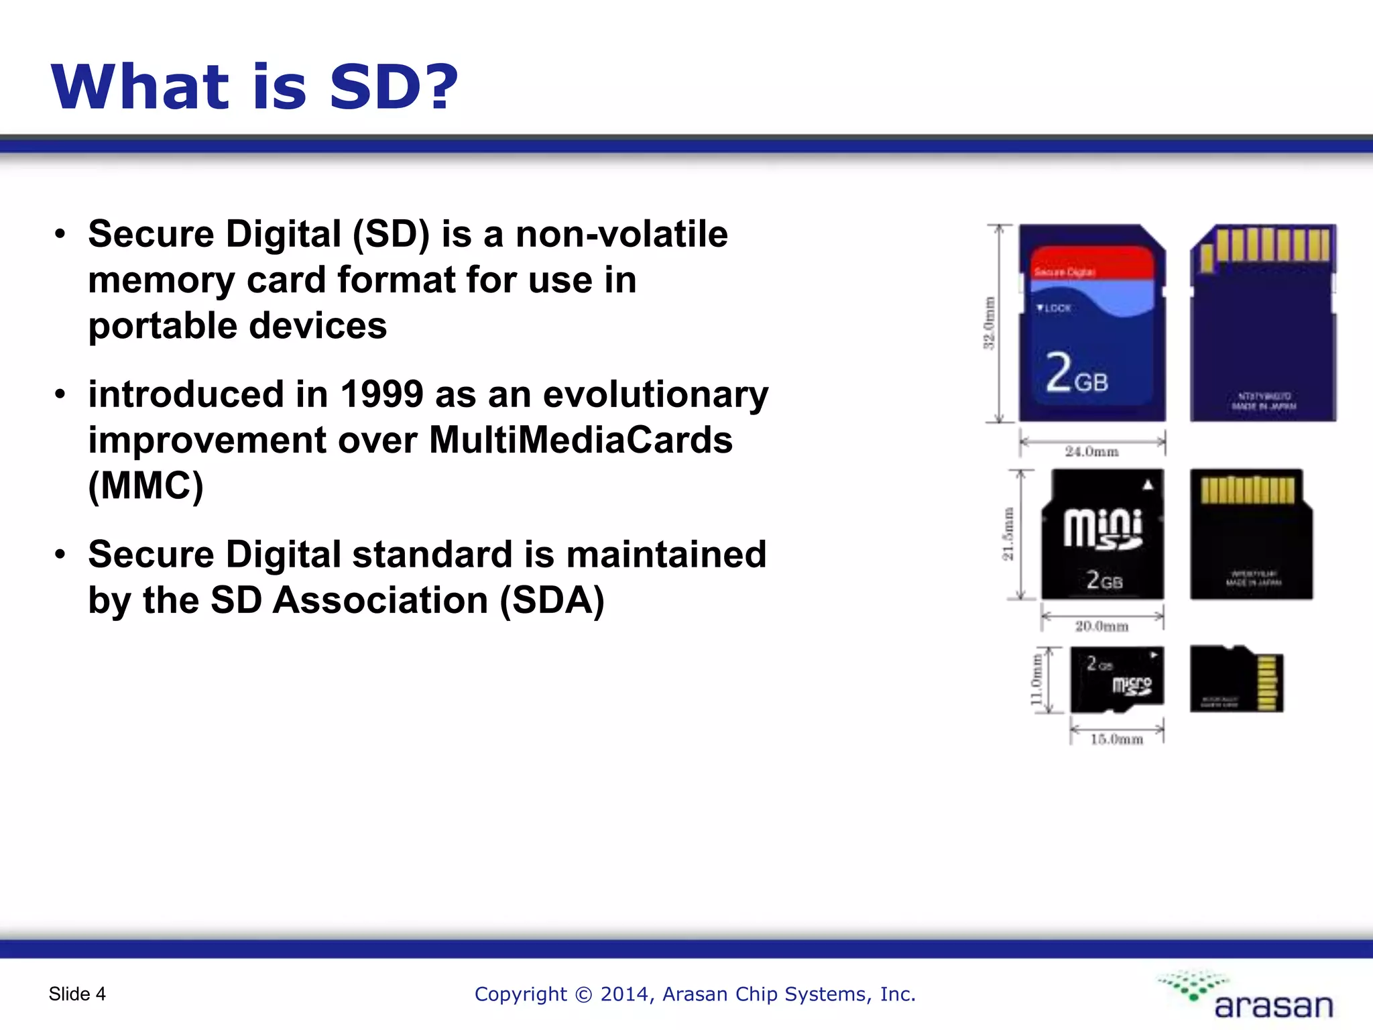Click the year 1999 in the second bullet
[x=381, y=394]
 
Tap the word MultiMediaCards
[x=581, y=441]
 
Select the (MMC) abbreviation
[x=145, y=486]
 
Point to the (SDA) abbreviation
[x=552, y=600]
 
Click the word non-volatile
[x=621, y=235]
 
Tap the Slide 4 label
[x=77, y=994]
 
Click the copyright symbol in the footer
[x=583, y=994]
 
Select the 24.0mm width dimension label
[x=1092, y=452]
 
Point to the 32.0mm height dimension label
[x=989, y=323]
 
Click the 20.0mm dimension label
[x=1101, y=626]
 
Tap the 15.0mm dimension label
[x=1116, y=740]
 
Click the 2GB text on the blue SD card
[x=1077, y=373]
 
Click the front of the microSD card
[x=1117, y=679]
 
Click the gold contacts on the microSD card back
[x=1267, y=683]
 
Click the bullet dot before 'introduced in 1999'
[x=60, y=394]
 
